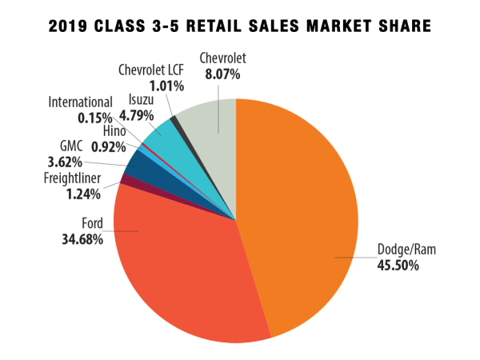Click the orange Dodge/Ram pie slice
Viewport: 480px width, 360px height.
click(x=304, y=208)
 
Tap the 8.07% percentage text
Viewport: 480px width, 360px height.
click(x=218, y=72)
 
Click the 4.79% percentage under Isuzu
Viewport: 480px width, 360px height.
click(x=143, y=116)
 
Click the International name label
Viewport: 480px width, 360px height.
click(x=80, y=102)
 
